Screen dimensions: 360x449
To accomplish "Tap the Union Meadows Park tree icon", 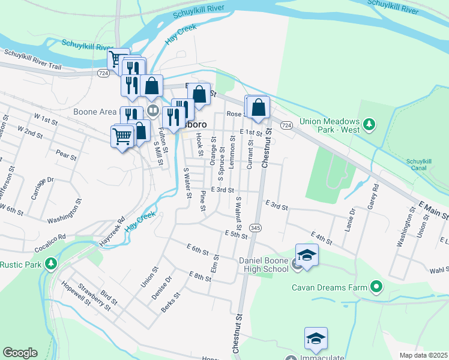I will [x=370, y=125].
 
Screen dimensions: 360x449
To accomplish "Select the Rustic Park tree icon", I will [x=52, y=264].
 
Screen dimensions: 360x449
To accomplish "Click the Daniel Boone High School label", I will [x=264, y=265].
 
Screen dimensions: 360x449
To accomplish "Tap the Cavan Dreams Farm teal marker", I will [x=376, y=287].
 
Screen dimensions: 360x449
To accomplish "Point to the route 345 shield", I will [x=256, y=228].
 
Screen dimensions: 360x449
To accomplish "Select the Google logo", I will [x=20, y=352].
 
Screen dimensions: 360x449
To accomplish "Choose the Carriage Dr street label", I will [x=42, y=188].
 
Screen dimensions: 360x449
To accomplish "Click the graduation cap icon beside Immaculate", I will [x=316, y=338].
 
